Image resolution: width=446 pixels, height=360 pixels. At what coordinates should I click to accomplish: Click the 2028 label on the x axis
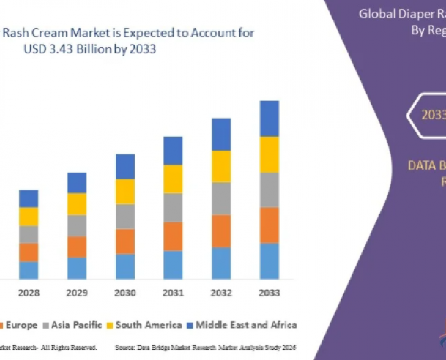[x=29, y=293]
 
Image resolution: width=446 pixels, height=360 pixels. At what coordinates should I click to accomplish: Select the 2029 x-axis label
[x=77, y=293]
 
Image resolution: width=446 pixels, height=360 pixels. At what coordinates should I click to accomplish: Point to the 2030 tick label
[x=125, y=293]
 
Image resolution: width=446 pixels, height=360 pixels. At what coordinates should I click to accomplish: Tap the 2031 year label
[x=173, y=293]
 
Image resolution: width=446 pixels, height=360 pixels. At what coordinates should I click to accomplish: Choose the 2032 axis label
[x=221, y=293]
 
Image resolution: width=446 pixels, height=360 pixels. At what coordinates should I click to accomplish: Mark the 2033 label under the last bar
[x=270, y=293]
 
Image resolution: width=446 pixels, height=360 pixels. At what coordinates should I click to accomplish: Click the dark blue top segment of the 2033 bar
[x=270, y=119]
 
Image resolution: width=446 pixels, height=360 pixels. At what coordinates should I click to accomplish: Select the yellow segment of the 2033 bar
[x=270, y=154]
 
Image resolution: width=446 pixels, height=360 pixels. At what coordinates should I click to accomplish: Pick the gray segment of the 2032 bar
[x=221, y=198]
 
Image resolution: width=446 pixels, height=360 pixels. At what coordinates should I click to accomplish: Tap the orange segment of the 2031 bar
[x=173, y=236]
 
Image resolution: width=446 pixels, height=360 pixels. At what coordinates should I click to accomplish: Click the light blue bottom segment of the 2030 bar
[x=125, y=266]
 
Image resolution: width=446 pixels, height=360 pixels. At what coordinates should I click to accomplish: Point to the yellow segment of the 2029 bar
[x=77, y=204]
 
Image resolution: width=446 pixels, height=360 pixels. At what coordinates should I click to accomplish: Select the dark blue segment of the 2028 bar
[x=29, y=198]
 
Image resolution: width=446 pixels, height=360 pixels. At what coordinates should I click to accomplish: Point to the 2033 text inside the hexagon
[x=432, y=114]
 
